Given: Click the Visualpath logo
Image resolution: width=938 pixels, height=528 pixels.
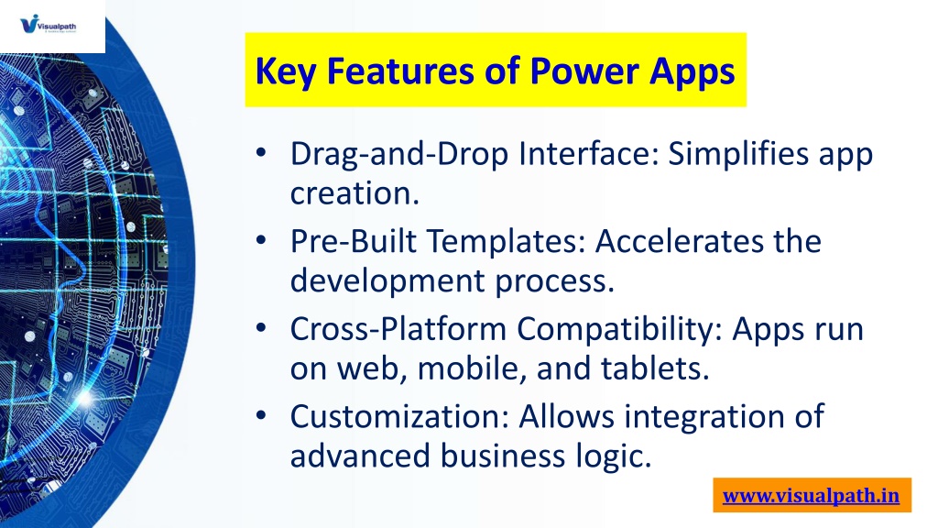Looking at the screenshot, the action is [48, 25].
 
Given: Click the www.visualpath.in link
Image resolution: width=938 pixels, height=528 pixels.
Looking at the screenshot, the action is [812, 496].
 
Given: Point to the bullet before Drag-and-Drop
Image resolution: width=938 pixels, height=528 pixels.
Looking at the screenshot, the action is [261, 152].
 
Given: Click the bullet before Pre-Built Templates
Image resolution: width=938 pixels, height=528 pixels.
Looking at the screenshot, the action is [261, 240].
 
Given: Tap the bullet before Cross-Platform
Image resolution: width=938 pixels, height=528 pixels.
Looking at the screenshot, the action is [261, 327].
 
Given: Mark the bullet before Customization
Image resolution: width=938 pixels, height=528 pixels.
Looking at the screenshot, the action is [261, 415].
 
